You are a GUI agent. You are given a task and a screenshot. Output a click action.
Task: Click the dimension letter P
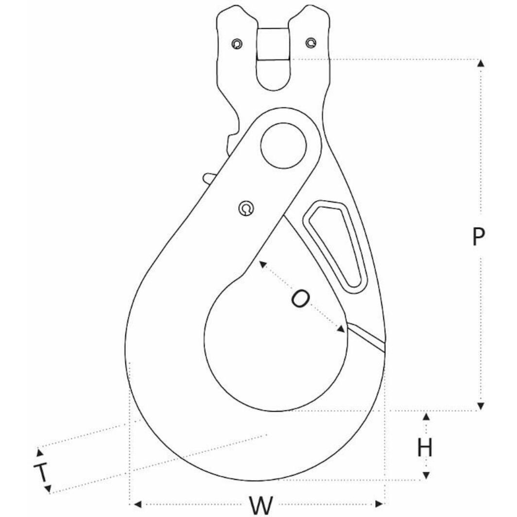point(479,237)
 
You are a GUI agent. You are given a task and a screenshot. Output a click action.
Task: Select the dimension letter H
point(425,448)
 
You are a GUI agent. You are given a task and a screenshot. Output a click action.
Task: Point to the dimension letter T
point(42,472)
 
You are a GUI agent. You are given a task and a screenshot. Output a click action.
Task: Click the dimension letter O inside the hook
point(300,298)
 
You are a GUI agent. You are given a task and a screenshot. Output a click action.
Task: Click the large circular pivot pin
point(283,145)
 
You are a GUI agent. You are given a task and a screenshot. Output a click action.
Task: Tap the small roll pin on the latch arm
point(247,208)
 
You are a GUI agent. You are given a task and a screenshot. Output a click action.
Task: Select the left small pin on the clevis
point(237,44)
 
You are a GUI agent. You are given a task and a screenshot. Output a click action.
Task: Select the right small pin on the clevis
point(310,43)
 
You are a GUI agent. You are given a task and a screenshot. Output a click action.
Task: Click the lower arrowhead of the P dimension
point(481,406)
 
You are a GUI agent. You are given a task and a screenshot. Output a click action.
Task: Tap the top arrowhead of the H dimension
point(426,416)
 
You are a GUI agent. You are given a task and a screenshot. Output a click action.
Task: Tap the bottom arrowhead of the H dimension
point(426,475)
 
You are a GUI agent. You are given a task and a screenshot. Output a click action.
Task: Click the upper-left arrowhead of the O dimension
point(262,264)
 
